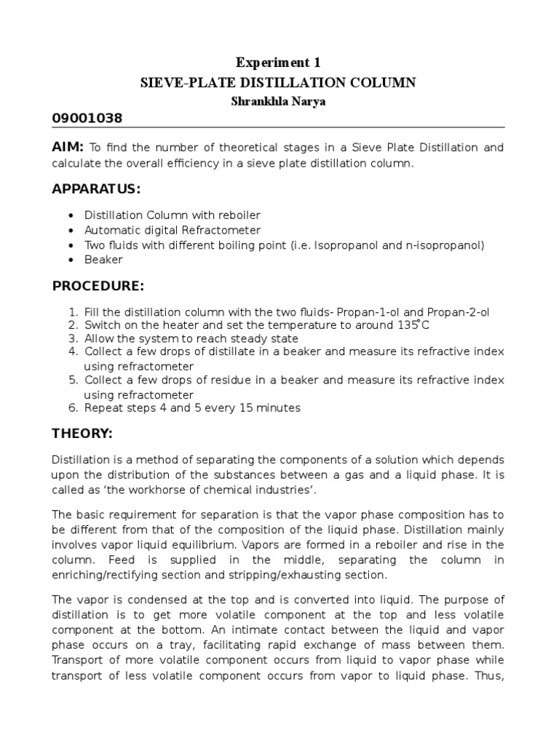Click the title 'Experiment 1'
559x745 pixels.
[x=278, y=63]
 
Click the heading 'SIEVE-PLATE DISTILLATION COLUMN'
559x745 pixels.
[x=278, y=83]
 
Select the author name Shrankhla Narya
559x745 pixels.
[x=278, y=101]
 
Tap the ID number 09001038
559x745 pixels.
[x=87, y=119]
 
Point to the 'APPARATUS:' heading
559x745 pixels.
[x=96, y=189]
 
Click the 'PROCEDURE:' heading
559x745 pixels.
[x=98, y=285]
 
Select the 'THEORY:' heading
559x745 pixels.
[x=82, y=434]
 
